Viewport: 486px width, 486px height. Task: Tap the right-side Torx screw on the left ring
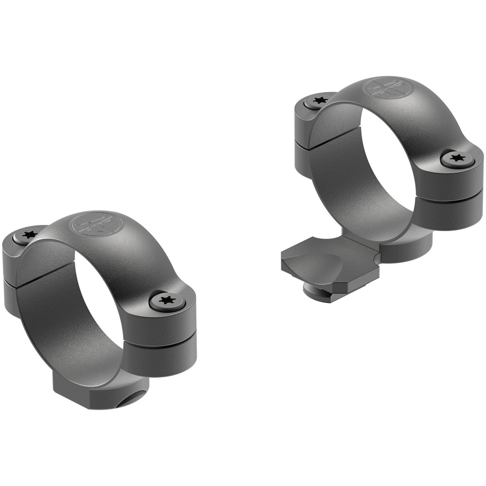click(166, 300)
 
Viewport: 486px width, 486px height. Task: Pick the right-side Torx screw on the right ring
click(457, 158)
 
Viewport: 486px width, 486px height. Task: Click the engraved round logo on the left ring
click(93, 224)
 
